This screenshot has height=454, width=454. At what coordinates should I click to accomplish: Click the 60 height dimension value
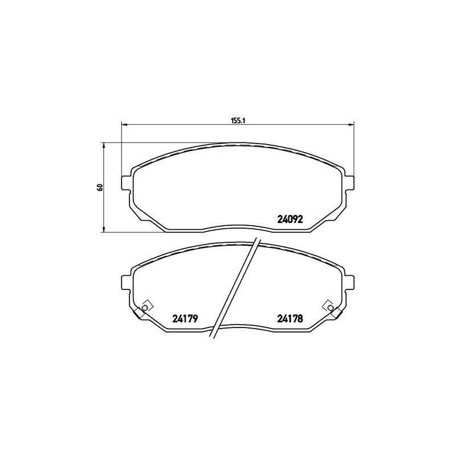(99, 187)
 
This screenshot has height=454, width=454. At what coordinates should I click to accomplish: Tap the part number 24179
(184, 319)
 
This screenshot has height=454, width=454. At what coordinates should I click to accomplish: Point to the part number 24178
(291, 319)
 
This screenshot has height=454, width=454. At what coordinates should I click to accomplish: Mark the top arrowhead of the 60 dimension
(103, 145)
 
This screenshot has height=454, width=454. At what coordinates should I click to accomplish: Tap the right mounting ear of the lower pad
(350, 282)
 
